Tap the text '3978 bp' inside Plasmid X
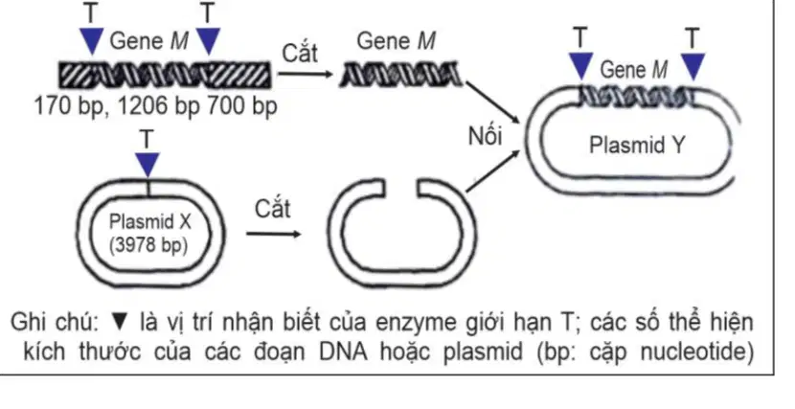[x=149, y=245]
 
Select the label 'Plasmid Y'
[x=637, y=145]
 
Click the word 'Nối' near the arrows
[x=486, y=136]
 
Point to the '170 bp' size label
[x=68, y=106]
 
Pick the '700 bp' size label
[x=241, y=106]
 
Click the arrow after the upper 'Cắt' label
[x=306, y=74]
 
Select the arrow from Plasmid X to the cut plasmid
[x=273, y=234]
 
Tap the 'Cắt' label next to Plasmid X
[x=273, y=209]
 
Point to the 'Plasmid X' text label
[x=150, y=221]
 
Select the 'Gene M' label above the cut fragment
[x=396, y=41]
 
